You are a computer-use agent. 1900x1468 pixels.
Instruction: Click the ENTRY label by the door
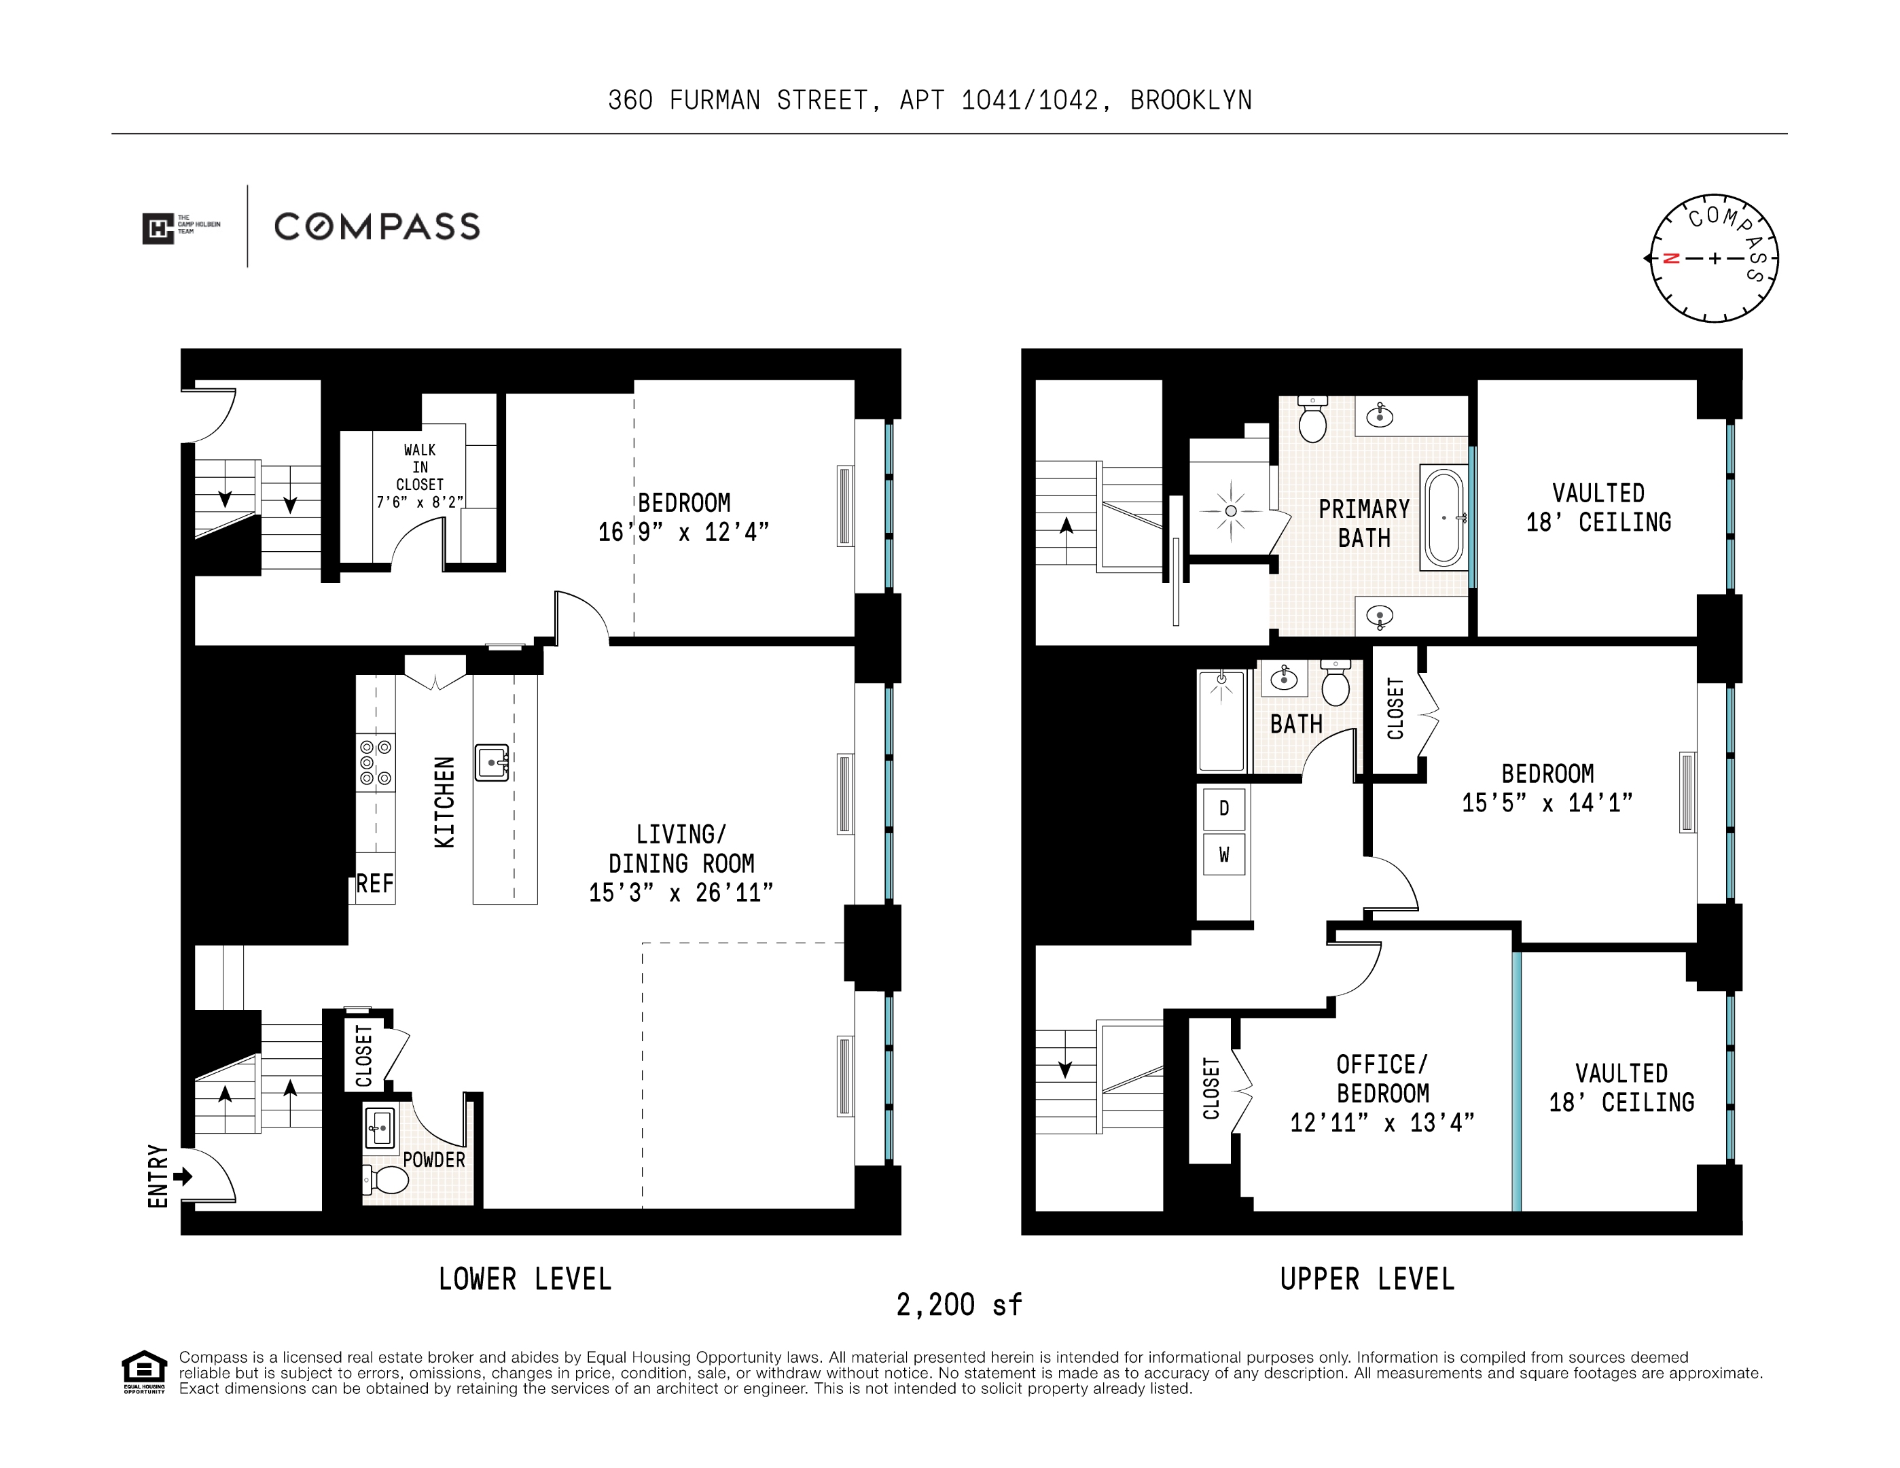point(158,1176)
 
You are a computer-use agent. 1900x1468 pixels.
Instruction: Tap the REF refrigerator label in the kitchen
point(375,884)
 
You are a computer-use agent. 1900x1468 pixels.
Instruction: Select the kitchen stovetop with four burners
point(376,763)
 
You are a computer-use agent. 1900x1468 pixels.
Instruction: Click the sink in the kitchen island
point(492,763)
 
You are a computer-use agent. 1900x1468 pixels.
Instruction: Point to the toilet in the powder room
point(387,1180)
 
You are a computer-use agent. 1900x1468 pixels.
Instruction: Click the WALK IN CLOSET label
point(419,468)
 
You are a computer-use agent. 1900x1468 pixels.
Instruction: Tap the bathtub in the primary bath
point(1444,518)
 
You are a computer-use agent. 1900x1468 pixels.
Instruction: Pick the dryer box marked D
point(1224,808)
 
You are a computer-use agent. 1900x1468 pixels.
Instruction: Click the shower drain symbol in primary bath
point(1230,511)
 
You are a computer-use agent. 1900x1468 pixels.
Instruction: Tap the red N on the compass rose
point(1670,258)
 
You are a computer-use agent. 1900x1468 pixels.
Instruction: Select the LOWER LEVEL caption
point(524,1279)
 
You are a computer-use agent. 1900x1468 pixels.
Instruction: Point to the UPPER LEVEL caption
point(1367,1279)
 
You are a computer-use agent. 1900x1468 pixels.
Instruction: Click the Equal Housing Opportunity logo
point(143,1372)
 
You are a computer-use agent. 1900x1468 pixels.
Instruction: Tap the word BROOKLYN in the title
point(1191,101)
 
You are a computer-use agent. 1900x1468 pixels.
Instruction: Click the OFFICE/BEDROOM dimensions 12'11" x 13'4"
point(1382,1123)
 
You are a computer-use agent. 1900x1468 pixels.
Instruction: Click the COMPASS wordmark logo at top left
point(377,227)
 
